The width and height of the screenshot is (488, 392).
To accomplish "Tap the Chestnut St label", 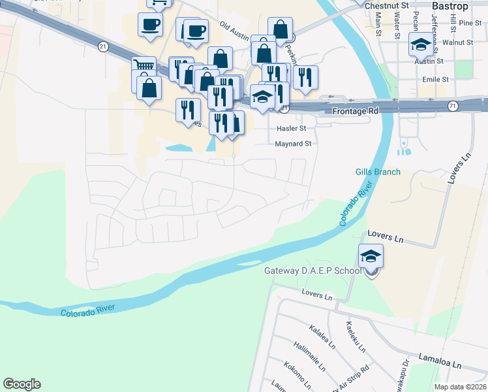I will (x=387, y=5).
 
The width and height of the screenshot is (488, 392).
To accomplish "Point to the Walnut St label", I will (x=457, y=42).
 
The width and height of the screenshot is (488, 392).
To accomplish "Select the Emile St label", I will (x=436, y=79).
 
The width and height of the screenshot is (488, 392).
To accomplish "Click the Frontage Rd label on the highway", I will (x=356, y=112).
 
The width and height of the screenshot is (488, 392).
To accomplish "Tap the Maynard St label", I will (x=294, y=143).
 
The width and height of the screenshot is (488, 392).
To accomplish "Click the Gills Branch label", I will (x=378, y=172).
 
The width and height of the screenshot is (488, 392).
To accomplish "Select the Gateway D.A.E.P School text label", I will (x=312, y=270).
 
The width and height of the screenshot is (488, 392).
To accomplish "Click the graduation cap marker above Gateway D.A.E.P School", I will (x=371, y=256).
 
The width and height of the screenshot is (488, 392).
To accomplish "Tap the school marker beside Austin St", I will (x=420, y=44).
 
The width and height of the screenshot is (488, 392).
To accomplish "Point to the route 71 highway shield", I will (x=452, y=105).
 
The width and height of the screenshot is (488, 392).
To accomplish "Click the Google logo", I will (x=22, y=384).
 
